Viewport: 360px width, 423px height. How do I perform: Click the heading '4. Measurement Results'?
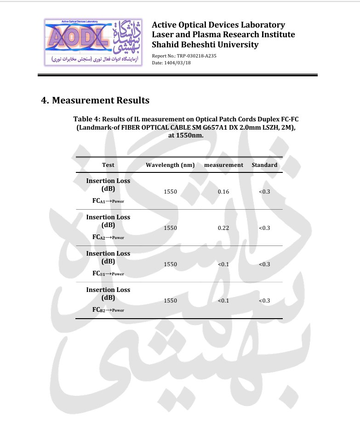click(95, 100)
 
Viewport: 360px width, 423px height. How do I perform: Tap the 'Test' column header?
click(108, 165)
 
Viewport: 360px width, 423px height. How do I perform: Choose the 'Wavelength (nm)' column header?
click(170, 165)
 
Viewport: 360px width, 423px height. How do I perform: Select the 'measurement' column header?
click(223, 165)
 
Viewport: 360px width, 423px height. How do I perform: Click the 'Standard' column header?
click(264, 165)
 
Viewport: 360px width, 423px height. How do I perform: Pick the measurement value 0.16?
click(223, 192)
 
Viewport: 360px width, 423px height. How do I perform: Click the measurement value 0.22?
click(223, 228)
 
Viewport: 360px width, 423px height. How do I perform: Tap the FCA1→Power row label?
click(108, 201)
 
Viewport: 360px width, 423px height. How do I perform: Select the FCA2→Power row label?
click(108, 237)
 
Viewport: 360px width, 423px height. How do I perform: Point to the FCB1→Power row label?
click(108, 274)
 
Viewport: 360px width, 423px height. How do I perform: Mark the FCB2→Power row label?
click(108, 310)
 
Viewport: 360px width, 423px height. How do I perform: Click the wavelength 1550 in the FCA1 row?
click(170, 192)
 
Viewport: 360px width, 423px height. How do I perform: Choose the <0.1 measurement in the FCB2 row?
click(223, 301)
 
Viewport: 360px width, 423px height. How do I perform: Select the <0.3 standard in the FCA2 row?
click(264, 228)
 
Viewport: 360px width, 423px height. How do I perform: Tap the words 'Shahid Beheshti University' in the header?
click(205, 45)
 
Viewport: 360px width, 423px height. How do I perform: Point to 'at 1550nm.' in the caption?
click(186, 136)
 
